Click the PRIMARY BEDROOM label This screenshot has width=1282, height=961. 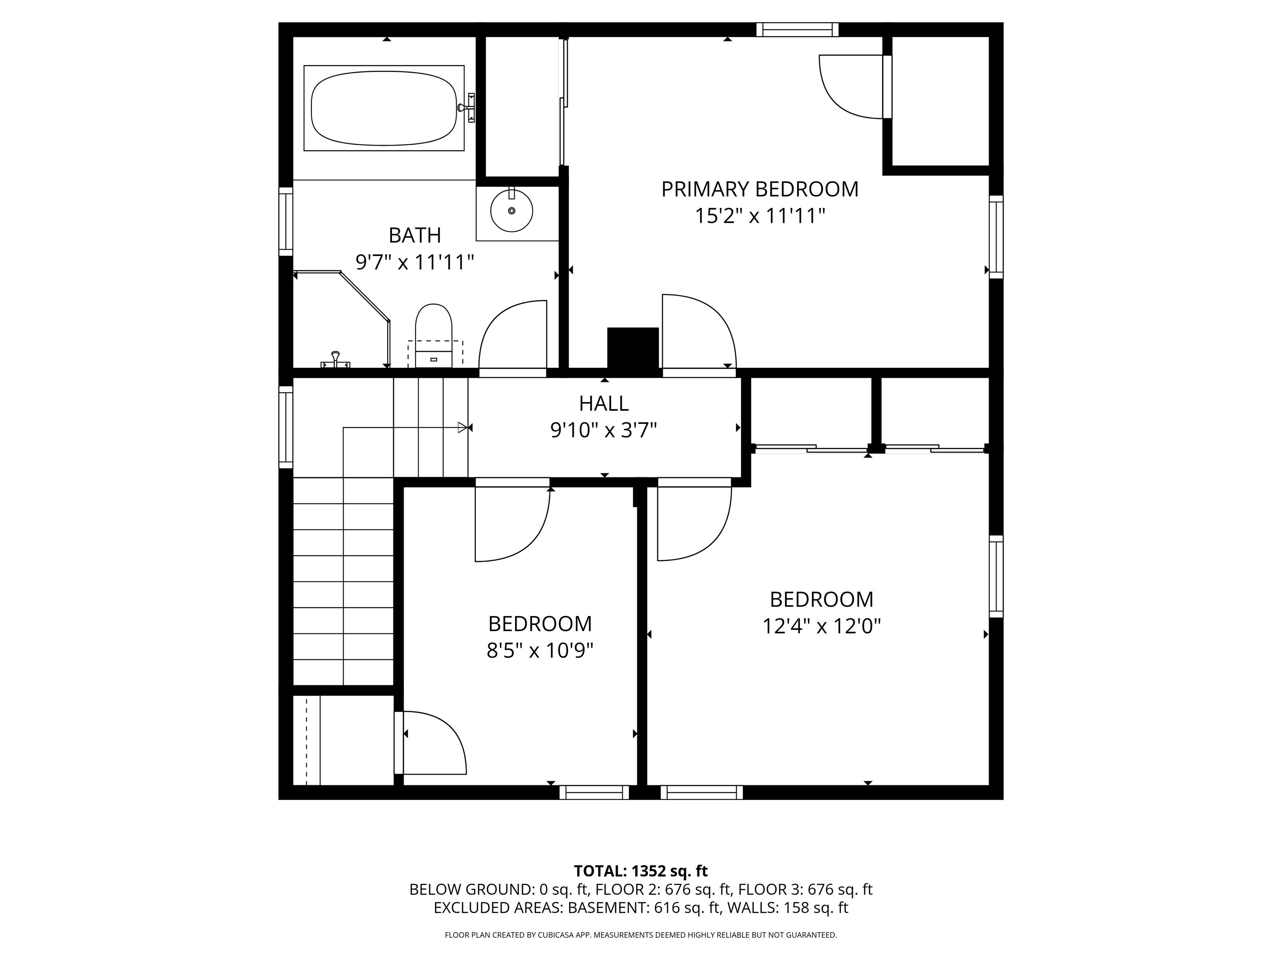click(x=760, y=189)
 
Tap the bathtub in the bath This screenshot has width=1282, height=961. click(x=384, y=108)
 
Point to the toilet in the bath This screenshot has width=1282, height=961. click(x=434, y=336)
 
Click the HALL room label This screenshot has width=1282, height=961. click(x=604, y=403)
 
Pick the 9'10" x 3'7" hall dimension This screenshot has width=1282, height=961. click(x=604, y=430)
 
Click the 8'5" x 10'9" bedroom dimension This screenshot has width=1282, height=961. click(x=540, y=651)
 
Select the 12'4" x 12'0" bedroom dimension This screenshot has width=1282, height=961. click(x=822, y=626)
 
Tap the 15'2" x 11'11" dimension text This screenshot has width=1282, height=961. click(x=760, y=216)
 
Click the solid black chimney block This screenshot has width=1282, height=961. click(x=633, y=348)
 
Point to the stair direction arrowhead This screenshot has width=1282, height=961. click(x=462, y=428)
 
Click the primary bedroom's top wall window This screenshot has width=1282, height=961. click(x=797, y=30)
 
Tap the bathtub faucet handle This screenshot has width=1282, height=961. click(x=467, y=108)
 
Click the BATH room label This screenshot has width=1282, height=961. click(x=415, y=235)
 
